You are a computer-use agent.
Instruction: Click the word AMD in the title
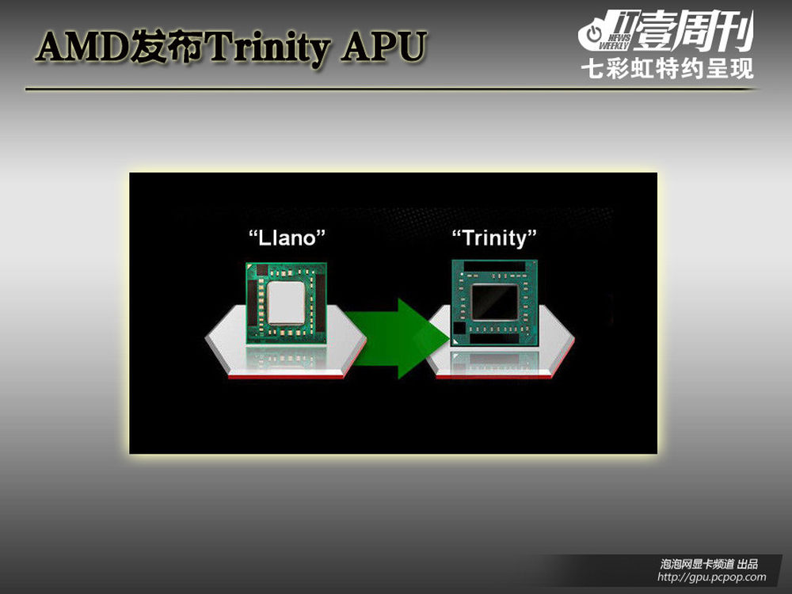point(82,47)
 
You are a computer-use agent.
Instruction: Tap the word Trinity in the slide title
point(268,48)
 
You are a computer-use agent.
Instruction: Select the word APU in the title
point(383,47)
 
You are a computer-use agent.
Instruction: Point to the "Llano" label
point(287,238)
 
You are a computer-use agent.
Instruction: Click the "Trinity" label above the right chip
point(494,238)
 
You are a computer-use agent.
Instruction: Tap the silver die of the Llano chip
point(286,303)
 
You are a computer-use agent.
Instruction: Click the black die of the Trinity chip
point(494,302)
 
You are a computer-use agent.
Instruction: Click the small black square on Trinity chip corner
point(459,329)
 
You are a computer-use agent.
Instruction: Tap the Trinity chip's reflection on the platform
point(494,362)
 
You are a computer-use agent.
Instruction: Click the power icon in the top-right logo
point(595,34)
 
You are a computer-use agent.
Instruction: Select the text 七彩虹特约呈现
point(667,69)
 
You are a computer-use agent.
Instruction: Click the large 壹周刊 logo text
point(694,32)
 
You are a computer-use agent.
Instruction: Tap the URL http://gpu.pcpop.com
point(712,577)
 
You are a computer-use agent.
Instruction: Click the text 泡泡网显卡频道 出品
point(709,564)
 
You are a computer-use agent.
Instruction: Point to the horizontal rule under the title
point(391,89)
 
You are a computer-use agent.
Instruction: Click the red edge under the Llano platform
point(286,377)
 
